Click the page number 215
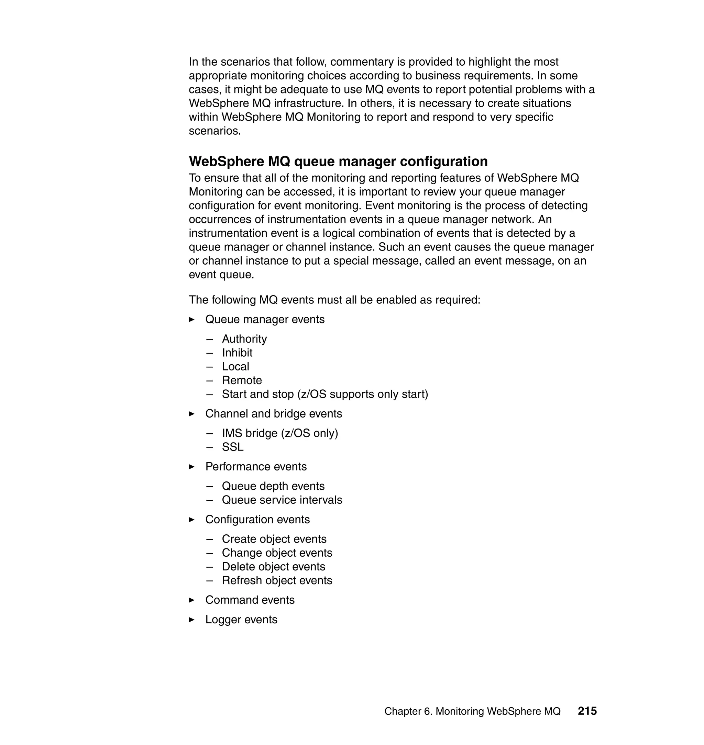pyautogui.click(x=587, y=711)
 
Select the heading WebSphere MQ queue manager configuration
pyautogui.click(x=338, y=161)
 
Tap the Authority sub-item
pyautogui.click(x=244, y=339)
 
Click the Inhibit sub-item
pyautogui.click(x=237, y=353)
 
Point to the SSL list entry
pyautogui.click(x=233, y=447)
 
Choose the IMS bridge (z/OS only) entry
pyautogui.click(x=280, y=433)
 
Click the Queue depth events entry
pyautogui.click(x=273, y=486)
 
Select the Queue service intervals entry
pyautogui.click(x=282, y=500)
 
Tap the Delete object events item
pyautogui.click(x=274, y=566)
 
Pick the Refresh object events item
pyautogui.click(x=277, y=580)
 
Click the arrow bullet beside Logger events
pyautogui.click(x=192, y=620)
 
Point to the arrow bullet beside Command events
pyautogui.click(x=192, y=600)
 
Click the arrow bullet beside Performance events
pyautogui.click(x=192, y=467)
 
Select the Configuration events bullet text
pyautogui.click(x=257, y=519)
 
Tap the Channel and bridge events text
pyautogui.click(x=274, y=413)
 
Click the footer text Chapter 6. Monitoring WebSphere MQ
pyautogui.click(x=472, y=711)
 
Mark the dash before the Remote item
pyautogui.click(x=209, y=380)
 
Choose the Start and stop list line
pyautogui.click(x=325, y=394)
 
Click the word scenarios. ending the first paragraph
pyautogui.click(x=214, y=131)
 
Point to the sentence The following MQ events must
pyautogui.click(x=334, y=300)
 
